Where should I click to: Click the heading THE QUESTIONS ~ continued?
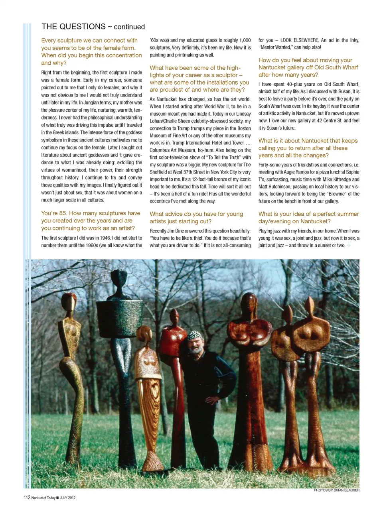(93, 27)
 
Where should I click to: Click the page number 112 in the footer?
(27, 497)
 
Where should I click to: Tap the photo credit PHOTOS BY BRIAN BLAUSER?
(336, 490)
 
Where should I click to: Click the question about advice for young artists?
(196, 217)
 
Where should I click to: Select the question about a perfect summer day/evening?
(308, 217)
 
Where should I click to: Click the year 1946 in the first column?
(105, 238)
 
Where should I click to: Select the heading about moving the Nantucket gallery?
(308, 67)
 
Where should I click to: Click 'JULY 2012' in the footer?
(67, 498)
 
